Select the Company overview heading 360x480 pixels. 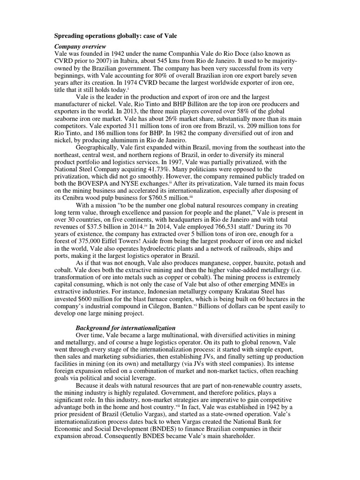[x=81, y=46]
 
